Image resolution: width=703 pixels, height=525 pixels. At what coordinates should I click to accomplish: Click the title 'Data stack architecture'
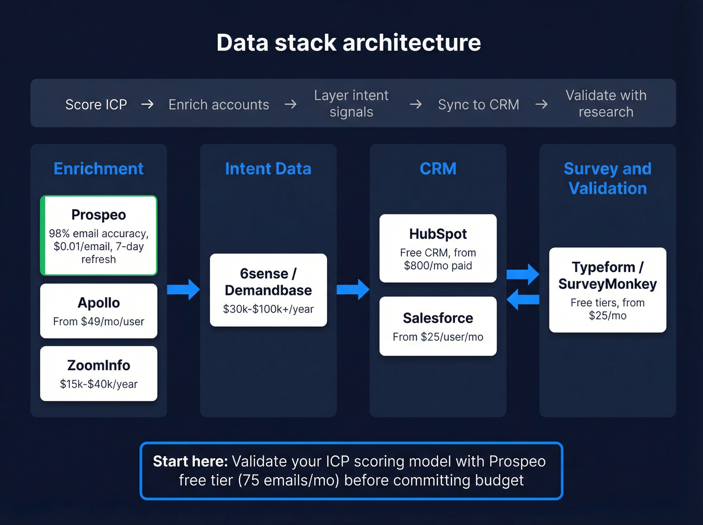tap(348, 43)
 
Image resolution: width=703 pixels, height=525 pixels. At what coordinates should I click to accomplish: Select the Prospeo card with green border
tap(99, 236)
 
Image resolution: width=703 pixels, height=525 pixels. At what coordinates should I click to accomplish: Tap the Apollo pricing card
tap(99, 311)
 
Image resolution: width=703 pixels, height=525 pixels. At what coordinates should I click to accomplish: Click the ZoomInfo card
tap(99, 373)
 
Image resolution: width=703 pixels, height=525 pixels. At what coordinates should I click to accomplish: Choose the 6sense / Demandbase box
tap(268, 290)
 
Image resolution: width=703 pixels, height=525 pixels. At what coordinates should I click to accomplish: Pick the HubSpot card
tap(438, 248)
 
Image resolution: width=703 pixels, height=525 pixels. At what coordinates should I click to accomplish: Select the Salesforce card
tap(438, 326)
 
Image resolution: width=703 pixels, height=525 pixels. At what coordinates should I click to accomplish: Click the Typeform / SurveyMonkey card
tap(608, 290)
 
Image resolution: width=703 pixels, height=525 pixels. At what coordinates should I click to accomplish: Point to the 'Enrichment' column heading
tap(98, 169)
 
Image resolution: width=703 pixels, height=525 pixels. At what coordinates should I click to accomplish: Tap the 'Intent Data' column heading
tap(268, 169)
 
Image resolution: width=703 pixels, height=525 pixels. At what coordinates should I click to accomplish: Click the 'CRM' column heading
tap(438, 169)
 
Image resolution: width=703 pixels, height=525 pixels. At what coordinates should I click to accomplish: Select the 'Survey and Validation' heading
tap(608, 178)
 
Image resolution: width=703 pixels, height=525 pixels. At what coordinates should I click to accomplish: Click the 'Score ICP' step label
tap(96, 104)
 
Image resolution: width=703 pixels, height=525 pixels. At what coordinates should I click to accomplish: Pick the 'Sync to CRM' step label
tap(479, 104)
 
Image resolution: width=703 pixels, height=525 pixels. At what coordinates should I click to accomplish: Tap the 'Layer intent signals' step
tap(351, 103)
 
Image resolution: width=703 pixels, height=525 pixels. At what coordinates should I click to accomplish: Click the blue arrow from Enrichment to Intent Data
tap(183, 289)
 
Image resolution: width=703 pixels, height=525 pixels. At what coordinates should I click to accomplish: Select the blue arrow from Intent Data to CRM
tap(353, 289)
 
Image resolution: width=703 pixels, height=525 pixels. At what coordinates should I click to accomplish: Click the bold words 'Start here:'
tap(190, 461)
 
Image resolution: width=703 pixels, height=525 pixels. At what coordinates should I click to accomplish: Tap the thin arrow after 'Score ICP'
tap(147, 104)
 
